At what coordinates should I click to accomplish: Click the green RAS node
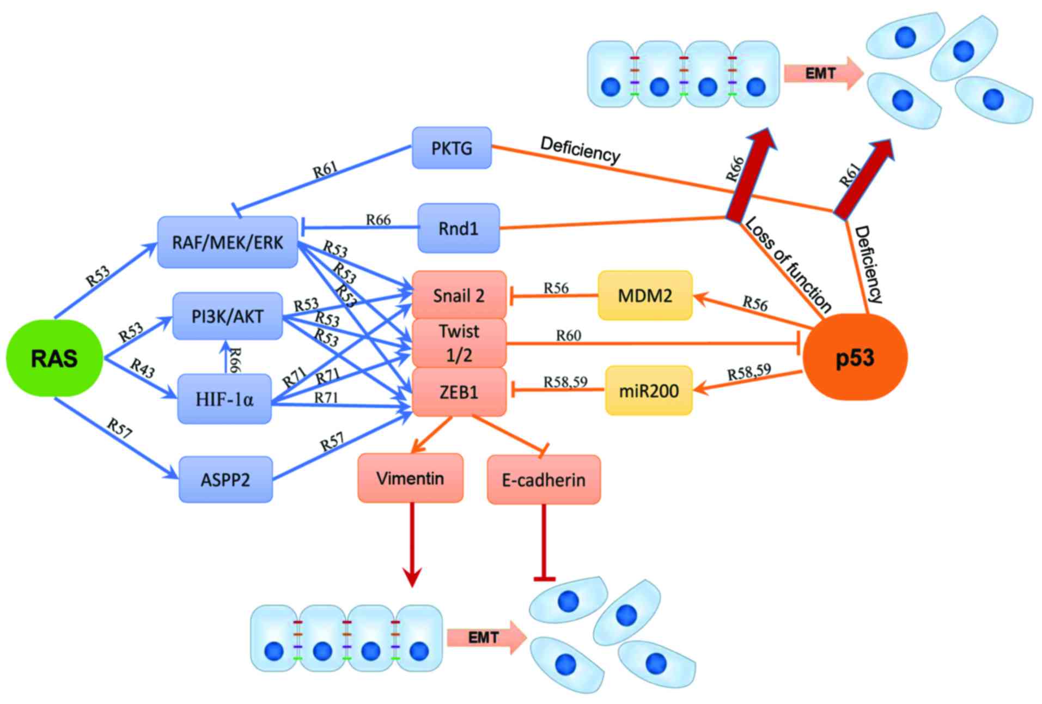pos(54,358)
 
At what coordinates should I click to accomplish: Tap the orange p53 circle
pos(855,357)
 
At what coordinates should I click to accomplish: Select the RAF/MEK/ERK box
pos(228,242)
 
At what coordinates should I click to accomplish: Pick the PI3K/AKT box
pos(228,316)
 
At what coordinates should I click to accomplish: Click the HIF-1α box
pos(224,399)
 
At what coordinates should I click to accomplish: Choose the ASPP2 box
pos(226,480)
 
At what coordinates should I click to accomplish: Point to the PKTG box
pos(452,148)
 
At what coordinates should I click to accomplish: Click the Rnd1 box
pos(458,228)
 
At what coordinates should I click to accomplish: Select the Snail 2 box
pos(459,295)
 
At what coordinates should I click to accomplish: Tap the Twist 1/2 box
pos(459,343)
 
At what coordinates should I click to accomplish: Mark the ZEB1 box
pos(459,392)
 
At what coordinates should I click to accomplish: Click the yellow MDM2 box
pos(645,295)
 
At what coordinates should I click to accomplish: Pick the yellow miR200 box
pos(649,391)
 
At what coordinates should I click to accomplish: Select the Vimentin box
pos(410,478)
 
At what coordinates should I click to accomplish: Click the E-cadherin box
pos(544,480)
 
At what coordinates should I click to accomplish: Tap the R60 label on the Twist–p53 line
pos(568,336)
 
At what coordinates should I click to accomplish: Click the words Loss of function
pos(788,264)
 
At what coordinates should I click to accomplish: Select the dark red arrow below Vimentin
pos(412,545)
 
